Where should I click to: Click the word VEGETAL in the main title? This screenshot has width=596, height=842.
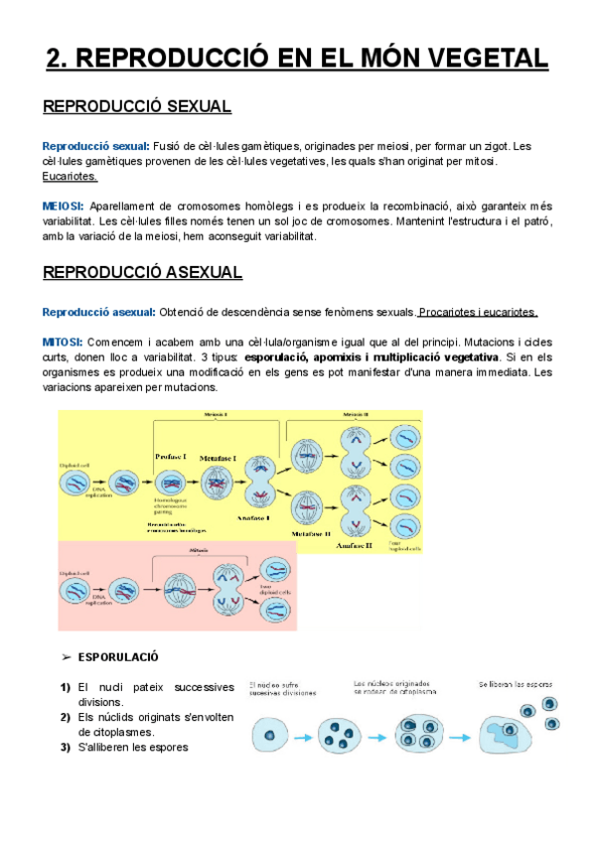(x=476, y=57)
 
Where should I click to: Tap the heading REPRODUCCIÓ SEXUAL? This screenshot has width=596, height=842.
(x=137, y=106)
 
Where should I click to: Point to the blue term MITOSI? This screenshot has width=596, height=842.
(x=63, y=343)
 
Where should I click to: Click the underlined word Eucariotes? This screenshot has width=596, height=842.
(x=70, y=177)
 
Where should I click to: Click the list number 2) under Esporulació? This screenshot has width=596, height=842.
(x=65, y=717)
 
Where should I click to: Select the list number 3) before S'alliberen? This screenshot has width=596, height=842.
(x=65, y=747)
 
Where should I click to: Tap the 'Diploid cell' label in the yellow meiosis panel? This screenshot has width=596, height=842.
(x=76, y=462)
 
